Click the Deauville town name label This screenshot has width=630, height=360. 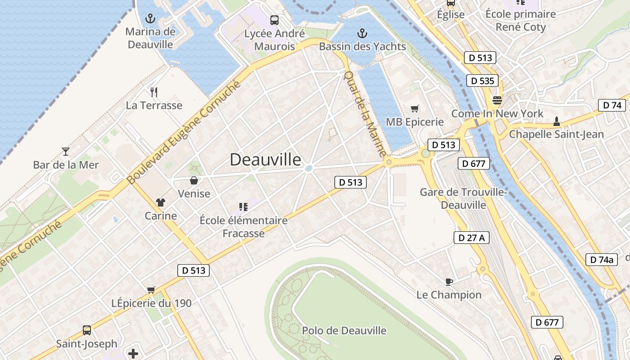[265, 159]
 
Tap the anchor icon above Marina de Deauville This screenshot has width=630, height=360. [150, 18]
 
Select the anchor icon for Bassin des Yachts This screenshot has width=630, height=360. [362, 33]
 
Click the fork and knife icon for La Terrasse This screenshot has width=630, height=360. [154, 92]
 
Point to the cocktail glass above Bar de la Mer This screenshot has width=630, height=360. [66, 152]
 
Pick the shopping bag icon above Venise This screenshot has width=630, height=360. [194, 180]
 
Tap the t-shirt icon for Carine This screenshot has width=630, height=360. [161, 202]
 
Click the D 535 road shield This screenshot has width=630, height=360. [483, 81]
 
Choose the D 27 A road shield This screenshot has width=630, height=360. [471, 238]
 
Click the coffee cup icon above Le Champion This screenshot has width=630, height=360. [449, 282]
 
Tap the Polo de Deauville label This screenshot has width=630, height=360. [344, 331]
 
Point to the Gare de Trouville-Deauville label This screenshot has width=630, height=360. [463, 198]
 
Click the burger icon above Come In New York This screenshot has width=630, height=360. [497, 100]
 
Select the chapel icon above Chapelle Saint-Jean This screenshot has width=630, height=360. [557, 121]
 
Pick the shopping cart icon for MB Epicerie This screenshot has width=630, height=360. [414, 108]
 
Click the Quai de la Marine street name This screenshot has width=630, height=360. [365, 113]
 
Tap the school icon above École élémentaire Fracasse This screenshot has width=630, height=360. [243, 207]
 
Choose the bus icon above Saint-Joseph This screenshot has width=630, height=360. [87, 330]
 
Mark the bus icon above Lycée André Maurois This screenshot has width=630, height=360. [274, 20]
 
